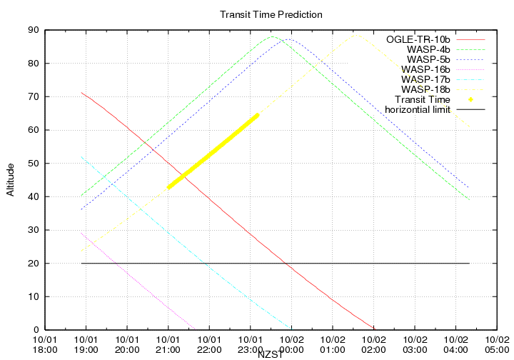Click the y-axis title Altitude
pyautogui.click(x=10, y=180)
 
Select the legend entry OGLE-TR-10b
pyautogui.click(x=418, y=39)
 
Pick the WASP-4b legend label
pyautogui.click(x=428, y=49)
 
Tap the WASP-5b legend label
pyautogui.click(x=428, y=59)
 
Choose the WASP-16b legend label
pyautogui.click(x=425, y=69)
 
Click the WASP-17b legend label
pyautogui.click(x=425, y=79)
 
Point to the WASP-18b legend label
pyautogui.click(x=425, y=89)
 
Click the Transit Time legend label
pyautogui.click(x=422, y=99)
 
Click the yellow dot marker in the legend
pyautogui.click(x=470, y=99)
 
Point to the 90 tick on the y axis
pyautogui.click(x=34, y=30)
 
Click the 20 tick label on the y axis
pyautogui.click(x=34, y=263)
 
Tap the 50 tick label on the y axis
pyautogui.click(x=34, y=163)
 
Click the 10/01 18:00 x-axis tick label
pyautogui.click(x=45, y=345)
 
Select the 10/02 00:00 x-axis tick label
pyautogui.click(x=291, y=345)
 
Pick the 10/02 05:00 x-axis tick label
pyautogui.click(x=497, y=345)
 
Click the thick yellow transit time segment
pyautogui.click(x=213, y=151)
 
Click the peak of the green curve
pyautogui.click(x=273, y=36)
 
